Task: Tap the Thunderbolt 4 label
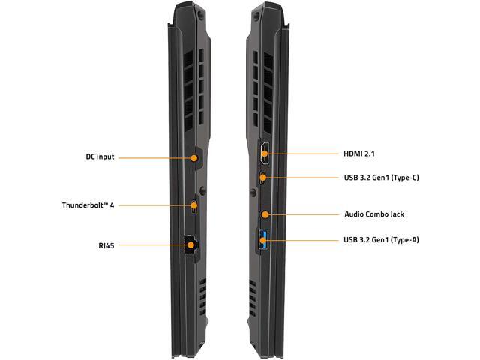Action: pyautogui.click(x=88, y=205)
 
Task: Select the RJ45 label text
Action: pyautogui.click(x=105, y=244)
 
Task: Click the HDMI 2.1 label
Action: pyautogui.click(x=358, y=154)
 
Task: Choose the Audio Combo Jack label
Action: pyautogui.click(x=373, y=214)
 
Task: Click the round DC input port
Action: pyautogui.click(x=196, y=157)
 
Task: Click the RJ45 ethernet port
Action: pyautogui.click(x=190, y=244)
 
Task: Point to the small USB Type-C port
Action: pyautogui.click(x=263, y=178)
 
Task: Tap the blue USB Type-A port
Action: pyautogui.click(x=263, y=240)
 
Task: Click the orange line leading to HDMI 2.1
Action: pyautogui.click(x=304, y=154)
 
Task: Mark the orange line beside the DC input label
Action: pyautogui.click(x=154, y=157)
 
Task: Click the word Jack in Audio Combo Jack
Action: pyautogui.click(x=394, y=214)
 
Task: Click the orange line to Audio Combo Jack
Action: pyautogui.click(x=304, y=214)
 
